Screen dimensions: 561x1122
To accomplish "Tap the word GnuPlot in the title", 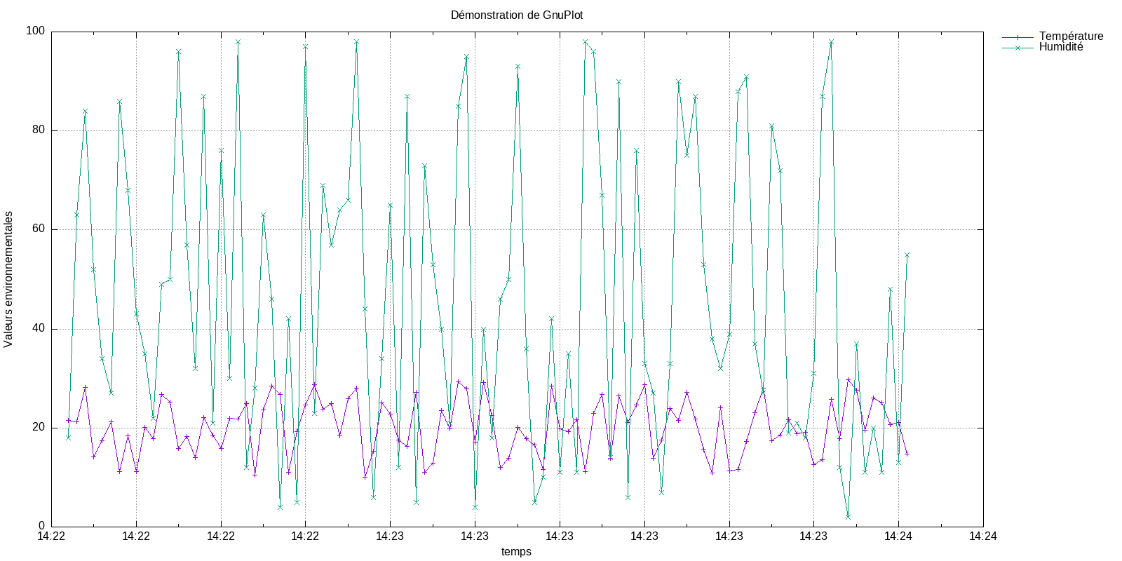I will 563,15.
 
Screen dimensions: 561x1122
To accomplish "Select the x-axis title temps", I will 516,551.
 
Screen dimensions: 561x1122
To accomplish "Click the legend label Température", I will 1071,36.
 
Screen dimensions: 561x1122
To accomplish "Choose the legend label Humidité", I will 1060,47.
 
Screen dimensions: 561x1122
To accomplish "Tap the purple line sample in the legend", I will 1018,36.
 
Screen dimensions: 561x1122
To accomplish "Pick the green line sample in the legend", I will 1018,47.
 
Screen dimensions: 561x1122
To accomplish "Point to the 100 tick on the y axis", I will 35,31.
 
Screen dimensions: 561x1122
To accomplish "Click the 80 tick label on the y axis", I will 38,130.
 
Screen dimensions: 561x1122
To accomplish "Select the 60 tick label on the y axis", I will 38,229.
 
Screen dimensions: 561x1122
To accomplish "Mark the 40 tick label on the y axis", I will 38,329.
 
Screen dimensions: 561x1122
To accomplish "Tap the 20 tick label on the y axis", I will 38,428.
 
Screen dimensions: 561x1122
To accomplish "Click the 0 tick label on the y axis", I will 41,526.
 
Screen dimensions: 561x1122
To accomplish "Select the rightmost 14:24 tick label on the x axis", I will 983,536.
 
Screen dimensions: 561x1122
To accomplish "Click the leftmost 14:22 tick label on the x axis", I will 51,536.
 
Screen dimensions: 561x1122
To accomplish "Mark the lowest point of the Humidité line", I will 848,517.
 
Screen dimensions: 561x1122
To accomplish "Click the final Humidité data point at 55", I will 907,255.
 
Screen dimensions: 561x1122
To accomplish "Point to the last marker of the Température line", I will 907,454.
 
